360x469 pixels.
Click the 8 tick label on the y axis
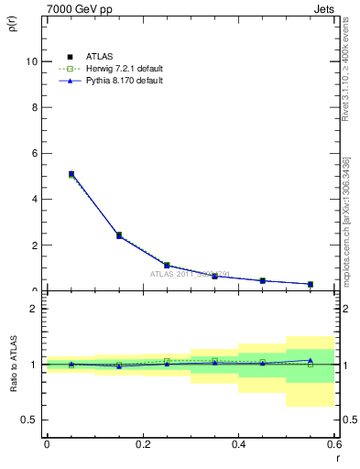tap(34, 107)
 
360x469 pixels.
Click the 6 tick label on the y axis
tap(34, 153)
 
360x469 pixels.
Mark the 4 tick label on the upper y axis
tap(34, 199)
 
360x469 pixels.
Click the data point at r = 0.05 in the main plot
tap(71, 174)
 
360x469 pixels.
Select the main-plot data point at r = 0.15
tap(119, 235)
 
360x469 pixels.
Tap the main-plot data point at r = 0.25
tap(167, 265)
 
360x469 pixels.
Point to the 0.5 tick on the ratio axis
tap(29, 420)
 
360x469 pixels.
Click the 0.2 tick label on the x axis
tap(142, 444)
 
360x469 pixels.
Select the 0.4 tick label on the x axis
tap(238, 444)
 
